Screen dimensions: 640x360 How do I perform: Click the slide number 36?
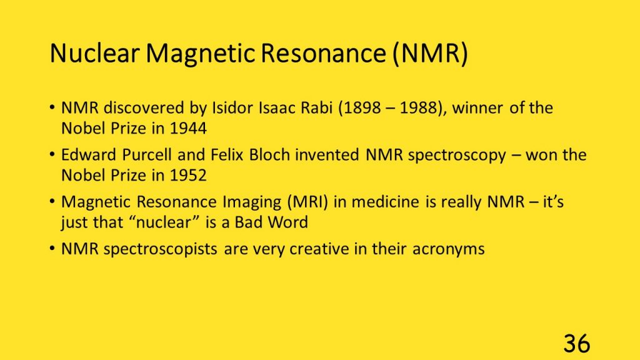[577, 344]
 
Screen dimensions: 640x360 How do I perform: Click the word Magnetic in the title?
[201, 54]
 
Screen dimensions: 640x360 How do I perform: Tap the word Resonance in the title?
[323, 53]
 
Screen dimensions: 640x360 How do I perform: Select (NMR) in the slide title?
[430, 54]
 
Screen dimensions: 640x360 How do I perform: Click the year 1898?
[359, 108]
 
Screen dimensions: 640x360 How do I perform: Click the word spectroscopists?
[160, 249]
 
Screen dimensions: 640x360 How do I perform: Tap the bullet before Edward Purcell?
[52, 155]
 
